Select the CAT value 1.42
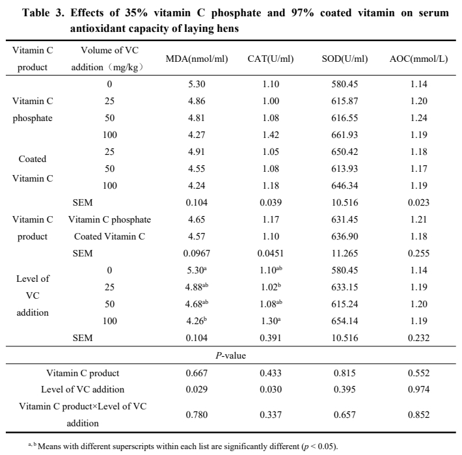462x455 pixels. coord(271,135)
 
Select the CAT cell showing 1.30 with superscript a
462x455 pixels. coord(272,321)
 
